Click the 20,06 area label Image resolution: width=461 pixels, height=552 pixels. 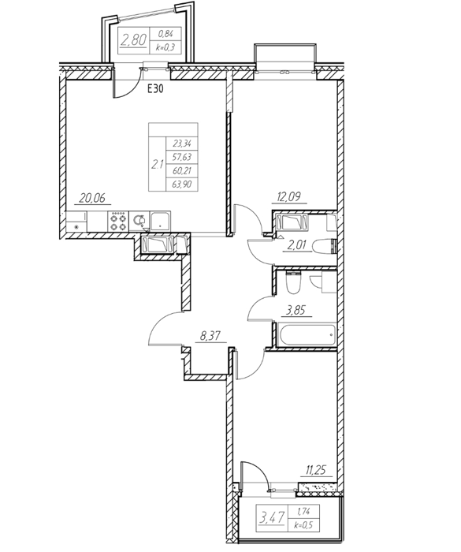92,198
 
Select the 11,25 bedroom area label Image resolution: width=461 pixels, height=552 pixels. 315,470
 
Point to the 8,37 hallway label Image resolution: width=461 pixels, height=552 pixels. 210,336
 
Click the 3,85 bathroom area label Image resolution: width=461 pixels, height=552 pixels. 296,310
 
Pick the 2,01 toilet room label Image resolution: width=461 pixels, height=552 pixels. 297,245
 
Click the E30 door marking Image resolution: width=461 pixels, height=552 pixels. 155,89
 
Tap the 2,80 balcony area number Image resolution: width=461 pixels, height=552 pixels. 133,39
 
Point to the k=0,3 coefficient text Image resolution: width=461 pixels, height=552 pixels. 165,47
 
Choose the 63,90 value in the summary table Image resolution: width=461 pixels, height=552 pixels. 182,184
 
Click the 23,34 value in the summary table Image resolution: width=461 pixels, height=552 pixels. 182,144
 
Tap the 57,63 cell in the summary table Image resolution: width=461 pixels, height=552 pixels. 182,157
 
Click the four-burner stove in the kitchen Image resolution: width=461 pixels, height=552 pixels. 118,222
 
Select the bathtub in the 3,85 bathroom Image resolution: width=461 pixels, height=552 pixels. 307,334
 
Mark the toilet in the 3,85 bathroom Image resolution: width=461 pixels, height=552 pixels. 293,282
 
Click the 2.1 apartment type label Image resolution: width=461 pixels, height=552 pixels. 157,164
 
